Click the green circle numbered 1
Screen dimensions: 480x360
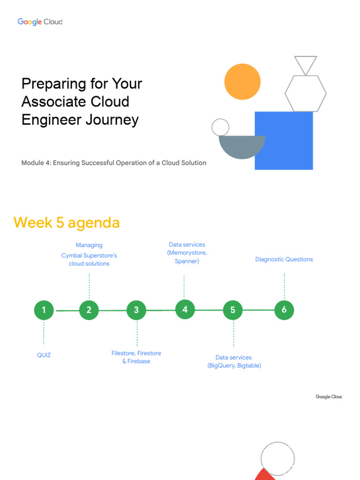(x=44, y=310)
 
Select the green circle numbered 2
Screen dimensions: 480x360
(x=89, y=310)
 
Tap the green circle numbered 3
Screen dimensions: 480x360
(x=136, y=310)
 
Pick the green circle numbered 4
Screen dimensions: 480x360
(x=185, y=309)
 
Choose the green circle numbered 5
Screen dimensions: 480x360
(x=233, y=310)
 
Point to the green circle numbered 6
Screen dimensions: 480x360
(x=284, y=310)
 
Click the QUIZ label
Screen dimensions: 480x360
(x=44, y=355)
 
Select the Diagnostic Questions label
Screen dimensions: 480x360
(x=284, y=259)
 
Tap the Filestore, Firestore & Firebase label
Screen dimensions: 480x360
(x=136, y=357)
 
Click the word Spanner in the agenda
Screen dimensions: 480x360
(x=187, y=261)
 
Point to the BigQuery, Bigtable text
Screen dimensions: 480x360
(x=234, y=366)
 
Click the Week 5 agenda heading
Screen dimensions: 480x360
(x=67, y=223)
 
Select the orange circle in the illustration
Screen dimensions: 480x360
(x=242, y=82)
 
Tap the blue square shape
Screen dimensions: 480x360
(x=284, y=141)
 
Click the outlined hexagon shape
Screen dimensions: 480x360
(x=306, y=94)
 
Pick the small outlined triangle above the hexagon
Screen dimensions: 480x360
(x=306, y=64)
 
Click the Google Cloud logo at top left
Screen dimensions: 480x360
(x=40, y=22)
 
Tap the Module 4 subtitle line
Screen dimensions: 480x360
(x=114, y=163)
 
